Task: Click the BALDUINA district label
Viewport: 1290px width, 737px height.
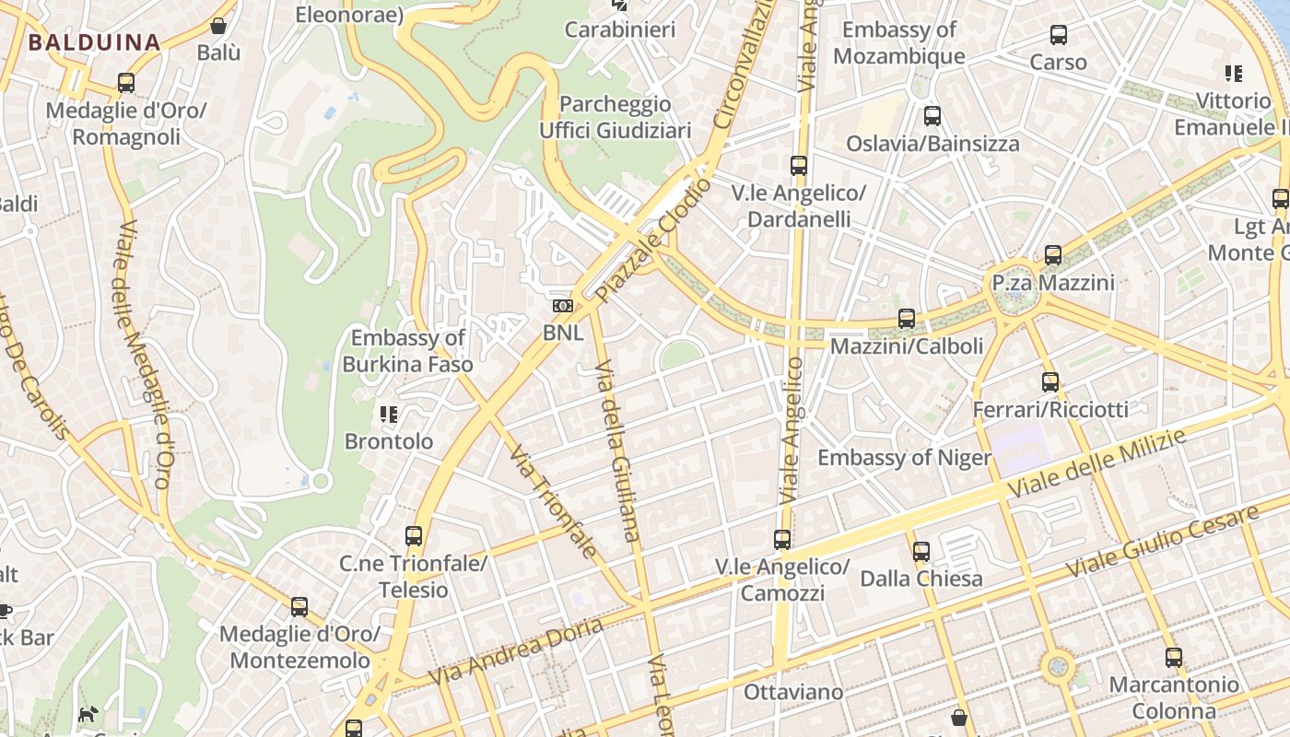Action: (x=94, y=41)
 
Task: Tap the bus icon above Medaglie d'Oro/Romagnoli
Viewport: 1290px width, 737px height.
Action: (x=126, y=83)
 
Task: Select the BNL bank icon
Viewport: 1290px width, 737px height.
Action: (x=562, y=306)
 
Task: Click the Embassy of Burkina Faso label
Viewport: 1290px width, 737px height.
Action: (x=407, y=351)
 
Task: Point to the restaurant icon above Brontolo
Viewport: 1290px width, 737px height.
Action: (x=389, y=415)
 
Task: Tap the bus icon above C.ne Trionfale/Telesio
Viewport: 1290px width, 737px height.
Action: (x=414, y=536)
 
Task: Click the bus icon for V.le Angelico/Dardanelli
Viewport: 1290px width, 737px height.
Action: (x=799, y=166)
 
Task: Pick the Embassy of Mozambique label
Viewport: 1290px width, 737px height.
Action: (x=899, y=42)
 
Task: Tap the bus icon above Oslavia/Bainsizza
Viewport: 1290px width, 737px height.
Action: (x=932, y=116)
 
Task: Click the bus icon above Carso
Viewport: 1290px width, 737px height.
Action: (x=1059, y=36)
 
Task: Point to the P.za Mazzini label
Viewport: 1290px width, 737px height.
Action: (x=1053, y=283)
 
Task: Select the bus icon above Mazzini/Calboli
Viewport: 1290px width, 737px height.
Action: (x=907, y=319)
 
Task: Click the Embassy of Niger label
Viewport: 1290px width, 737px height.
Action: (x=905, y=458)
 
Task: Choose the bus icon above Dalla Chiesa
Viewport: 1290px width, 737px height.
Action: (x=921, y=552)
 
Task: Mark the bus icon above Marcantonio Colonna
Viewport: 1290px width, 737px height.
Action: (x=1173, y=658)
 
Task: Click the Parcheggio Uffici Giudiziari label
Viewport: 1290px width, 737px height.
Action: (x=616, y=117)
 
